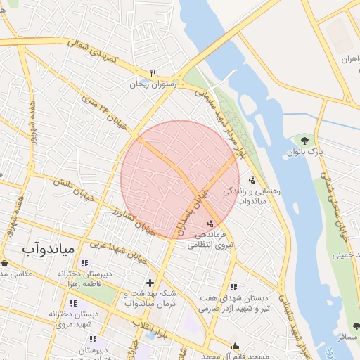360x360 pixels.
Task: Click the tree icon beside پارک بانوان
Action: pyautogui.click(x=304, y=141)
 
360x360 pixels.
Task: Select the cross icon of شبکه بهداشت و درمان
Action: pyautogui.click(x=150, y=283)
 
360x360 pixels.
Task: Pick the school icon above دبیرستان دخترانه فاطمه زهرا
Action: pyautogui.click(x=84, y=263)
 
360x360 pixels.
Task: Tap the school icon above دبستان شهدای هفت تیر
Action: pyautogui.click(x=233, y=286)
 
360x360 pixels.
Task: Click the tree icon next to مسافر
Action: pyautogui.click(x=356, y=326)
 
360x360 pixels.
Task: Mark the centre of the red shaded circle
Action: pyautogui.click(x=180, y=180)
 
